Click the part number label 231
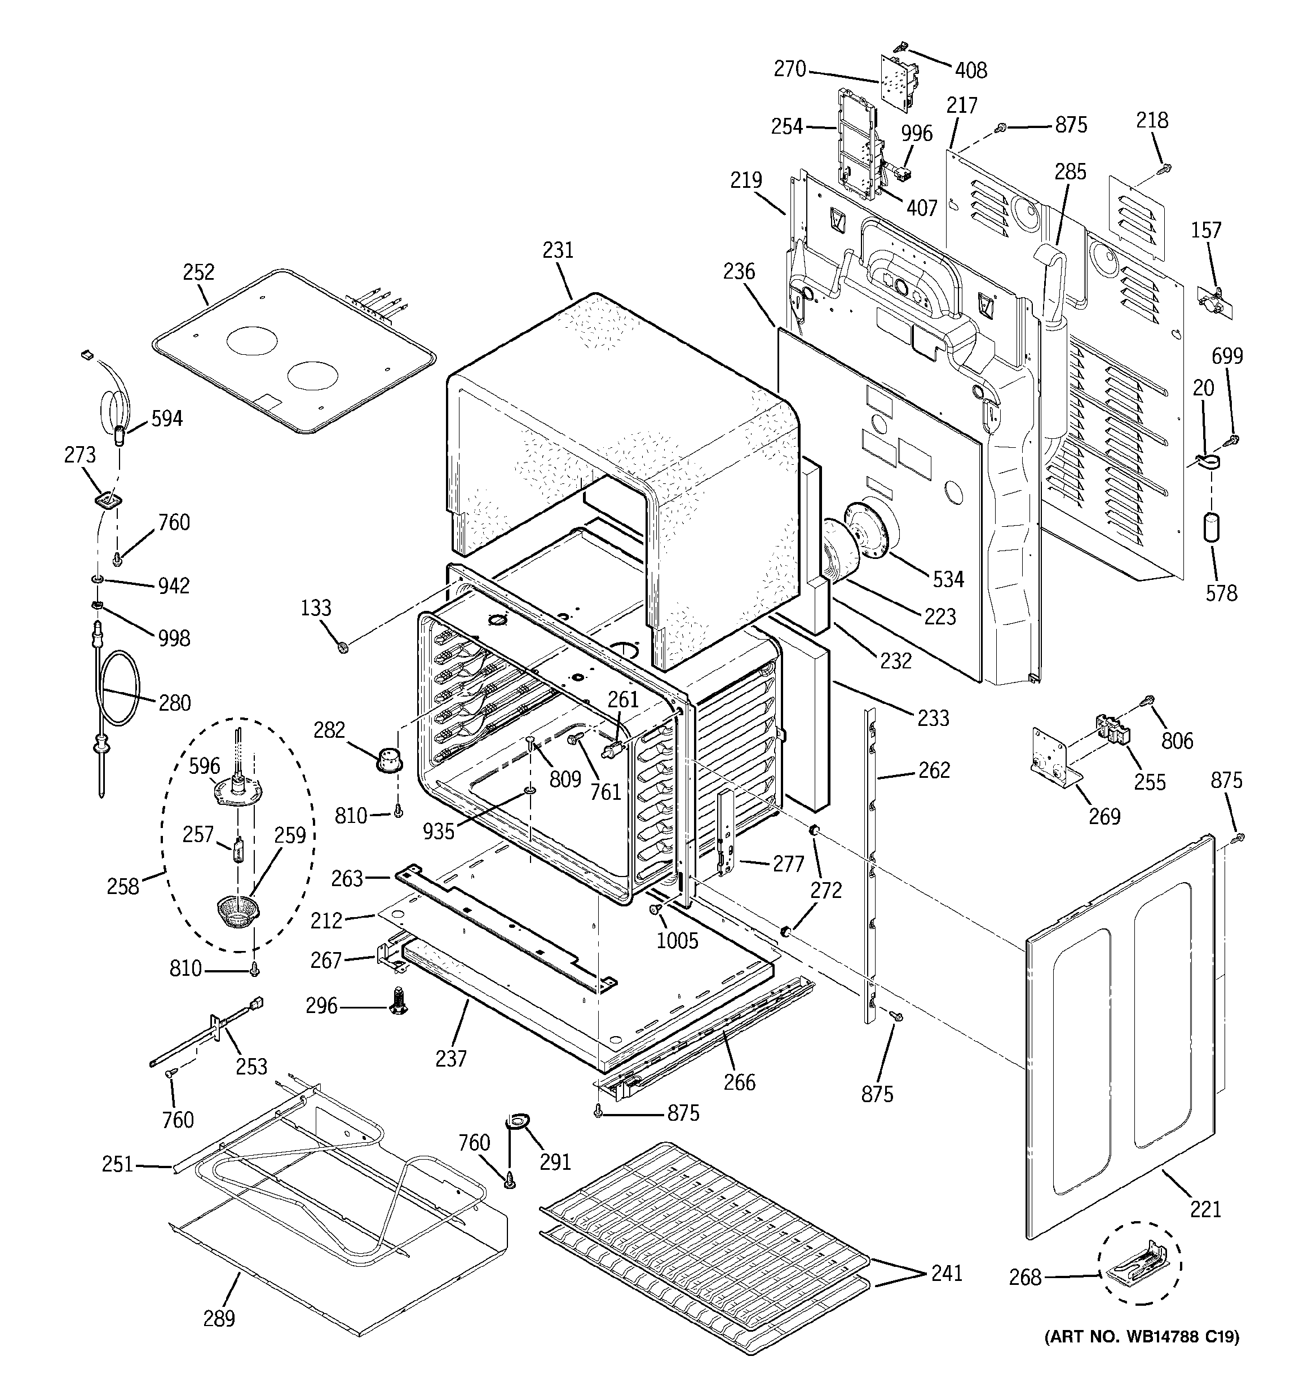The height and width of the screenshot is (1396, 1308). point(558,250)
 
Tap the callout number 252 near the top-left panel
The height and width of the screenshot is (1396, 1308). point(198,272)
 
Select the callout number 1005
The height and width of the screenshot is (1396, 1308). point(677,941)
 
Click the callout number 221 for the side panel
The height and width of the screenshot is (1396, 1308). point(1205,1209)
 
